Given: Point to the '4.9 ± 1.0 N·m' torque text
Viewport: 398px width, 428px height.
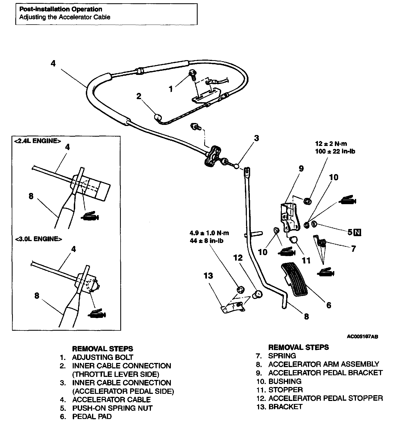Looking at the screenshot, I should (209, 233).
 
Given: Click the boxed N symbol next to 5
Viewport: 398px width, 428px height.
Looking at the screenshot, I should (357, 232).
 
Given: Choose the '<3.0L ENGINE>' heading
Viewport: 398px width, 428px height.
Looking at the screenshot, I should (38, 239).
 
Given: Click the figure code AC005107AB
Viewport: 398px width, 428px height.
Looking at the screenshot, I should (362, 337).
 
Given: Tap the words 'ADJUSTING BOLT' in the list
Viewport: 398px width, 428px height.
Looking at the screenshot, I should (103, 357).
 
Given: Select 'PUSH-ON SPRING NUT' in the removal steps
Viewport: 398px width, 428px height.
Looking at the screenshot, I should (112, 408).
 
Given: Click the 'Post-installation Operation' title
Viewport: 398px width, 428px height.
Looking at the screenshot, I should (61, 9).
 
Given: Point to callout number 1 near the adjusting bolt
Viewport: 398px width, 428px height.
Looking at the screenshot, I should (171, 89).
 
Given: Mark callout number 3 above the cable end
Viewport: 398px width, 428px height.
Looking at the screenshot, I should (256, 138).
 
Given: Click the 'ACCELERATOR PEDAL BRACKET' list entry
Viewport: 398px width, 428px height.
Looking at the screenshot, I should (325, 373).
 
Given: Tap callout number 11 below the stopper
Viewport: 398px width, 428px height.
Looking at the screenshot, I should (306, 260).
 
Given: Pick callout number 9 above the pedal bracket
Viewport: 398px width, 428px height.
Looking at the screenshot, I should (301, 169).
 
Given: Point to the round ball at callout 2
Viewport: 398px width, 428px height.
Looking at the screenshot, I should (158, 117).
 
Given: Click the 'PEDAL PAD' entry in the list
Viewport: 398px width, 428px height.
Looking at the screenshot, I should (92, 417).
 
